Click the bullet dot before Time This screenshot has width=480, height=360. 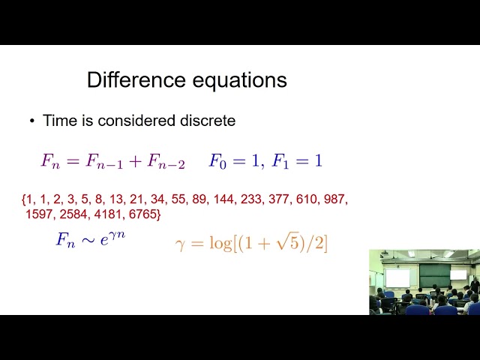(32, 121)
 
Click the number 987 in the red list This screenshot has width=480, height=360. (334, 200)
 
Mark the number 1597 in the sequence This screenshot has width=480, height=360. (39, 214)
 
